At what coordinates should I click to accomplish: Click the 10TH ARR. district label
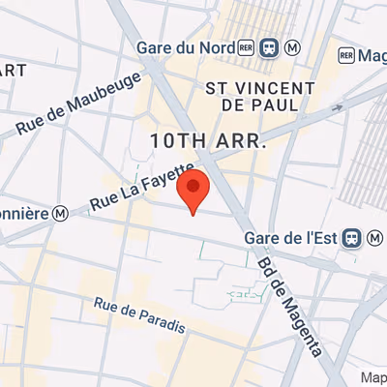click(x=207, y=141)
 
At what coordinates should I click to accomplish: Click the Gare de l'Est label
click(x=291, y=238)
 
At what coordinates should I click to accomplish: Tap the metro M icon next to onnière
click(x=60, y=212)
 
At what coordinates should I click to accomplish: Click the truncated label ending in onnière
click(x=24, y=213)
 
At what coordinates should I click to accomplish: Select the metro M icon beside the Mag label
click(x=344, y=56)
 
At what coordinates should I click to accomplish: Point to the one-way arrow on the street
click(x=336, y=107)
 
